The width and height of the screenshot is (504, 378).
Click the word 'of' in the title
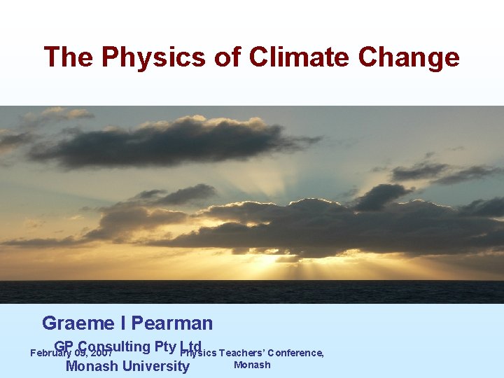[x=227, y=57]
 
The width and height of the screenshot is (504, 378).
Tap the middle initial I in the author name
[x=122, y=323]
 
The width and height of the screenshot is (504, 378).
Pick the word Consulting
[x=115, y=346]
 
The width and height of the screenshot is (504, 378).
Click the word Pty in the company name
[x=166, y=346]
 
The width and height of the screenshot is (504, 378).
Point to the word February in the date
[x=50, y=353]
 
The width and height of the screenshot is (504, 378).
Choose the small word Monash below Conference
[x=252, y=365]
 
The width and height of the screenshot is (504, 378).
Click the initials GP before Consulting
[x=64, y=346]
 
